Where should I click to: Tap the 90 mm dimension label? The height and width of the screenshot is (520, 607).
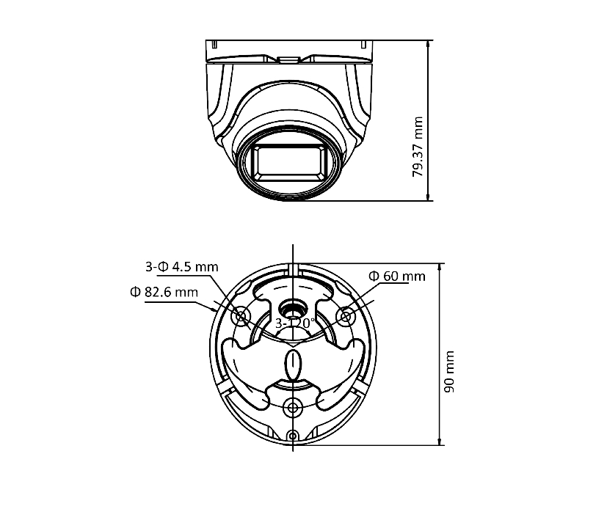tap(450, 372)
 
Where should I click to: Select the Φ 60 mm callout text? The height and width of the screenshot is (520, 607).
tap(396, 276)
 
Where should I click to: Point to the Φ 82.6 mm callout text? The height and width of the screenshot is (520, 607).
tap(164, 292)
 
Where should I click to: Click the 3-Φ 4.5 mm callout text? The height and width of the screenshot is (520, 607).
tap(181, 266)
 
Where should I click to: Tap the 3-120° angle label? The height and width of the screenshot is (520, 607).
tap(294, 323)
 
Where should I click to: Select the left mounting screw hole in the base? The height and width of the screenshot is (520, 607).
tap(241, 316)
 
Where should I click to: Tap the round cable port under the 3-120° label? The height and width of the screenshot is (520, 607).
tap(293, 308)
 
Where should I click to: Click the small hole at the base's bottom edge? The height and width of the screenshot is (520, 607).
tap(293, 437)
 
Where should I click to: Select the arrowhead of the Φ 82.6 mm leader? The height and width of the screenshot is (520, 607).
tap(214, 310)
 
